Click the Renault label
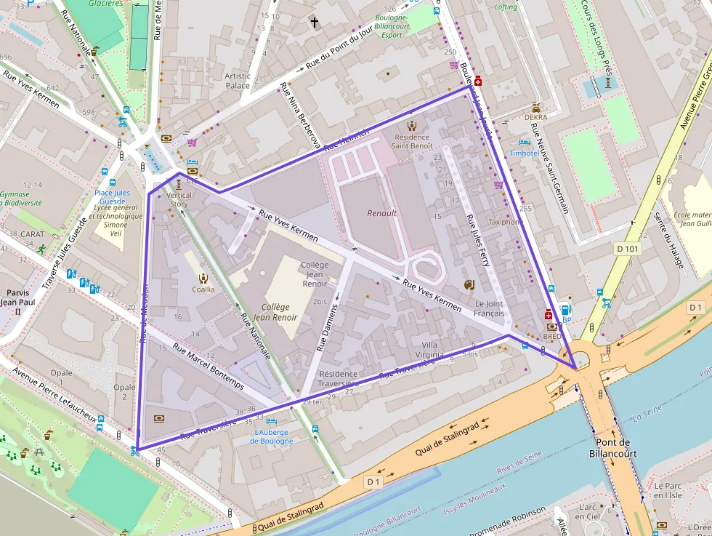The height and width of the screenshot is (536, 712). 381,213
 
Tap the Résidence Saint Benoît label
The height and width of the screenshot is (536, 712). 412,141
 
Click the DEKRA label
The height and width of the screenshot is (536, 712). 535,116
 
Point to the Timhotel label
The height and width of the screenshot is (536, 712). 524,153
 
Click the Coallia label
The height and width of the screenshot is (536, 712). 203,289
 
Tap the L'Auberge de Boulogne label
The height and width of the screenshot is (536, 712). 273,436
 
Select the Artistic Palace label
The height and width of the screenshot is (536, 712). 238,80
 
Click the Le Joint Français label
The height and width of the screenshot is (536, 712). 489,308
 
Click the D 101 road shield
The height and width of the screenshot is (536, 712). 629,249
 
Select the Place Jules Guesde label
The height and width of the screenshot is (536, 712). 112,197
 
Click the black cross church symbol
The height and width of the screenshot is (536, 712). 315,23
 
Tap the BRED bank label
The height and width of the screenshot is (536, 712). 551,337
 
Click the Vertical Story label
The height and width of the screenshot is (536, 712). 179,199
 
